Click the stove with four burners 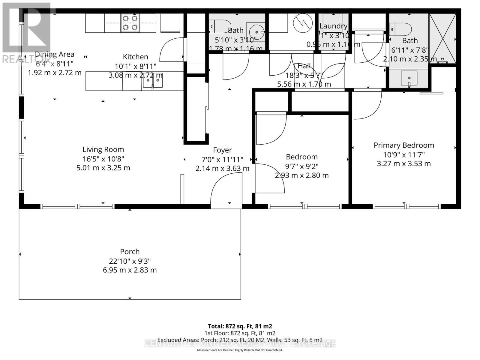130,23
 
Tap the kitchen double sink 153,81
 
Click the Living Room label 103,149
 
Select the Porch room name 130,252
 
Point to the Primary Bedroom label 403,145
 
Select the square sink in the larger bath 409,78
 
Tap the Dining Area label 55,54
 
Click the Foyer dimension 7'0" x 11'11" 222,159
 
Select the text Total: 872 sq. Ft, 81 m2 240,326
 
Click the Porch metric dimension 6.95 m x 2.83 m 130,270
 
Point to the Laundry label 333,26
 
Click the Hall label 304,66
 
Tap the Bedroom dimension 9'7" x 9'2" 301,166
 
